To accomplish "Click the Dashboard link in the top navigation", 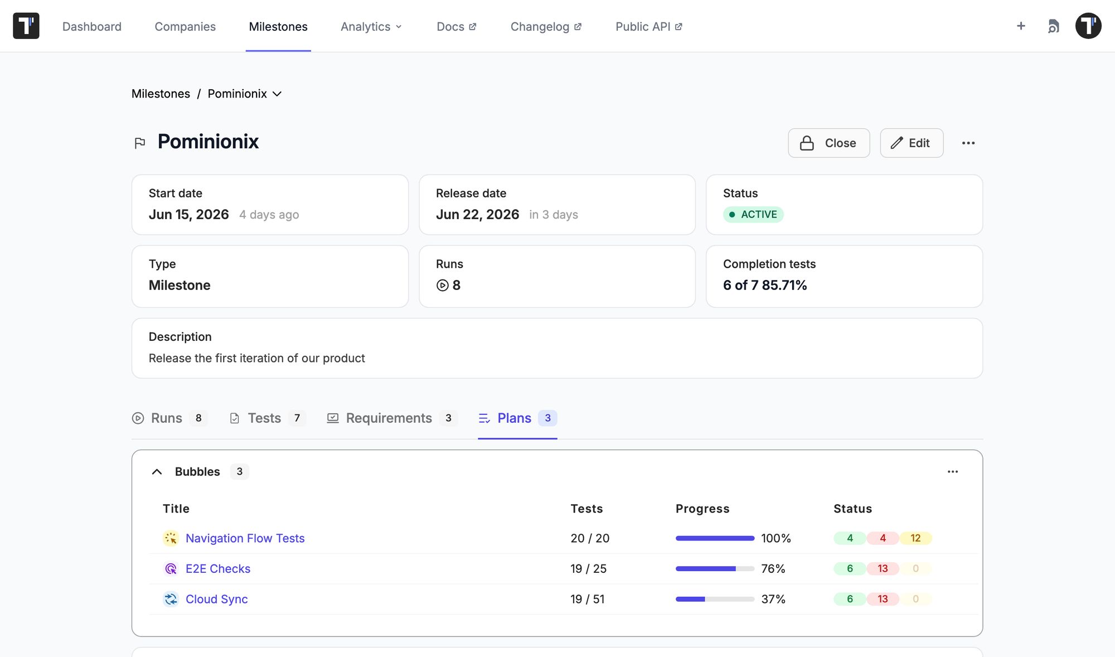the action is pos(92,27).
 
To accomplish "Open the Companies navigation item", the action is pos(185,27).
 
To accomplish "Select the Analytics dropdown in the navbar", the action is pos(371,27).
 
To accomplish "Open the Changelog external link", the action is pos(546,27).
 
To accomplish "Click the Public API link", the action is pos(649,27).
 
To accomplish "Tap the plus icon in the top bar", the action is pos(1021,26).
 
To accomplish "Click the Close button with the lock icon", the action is pos(829,143).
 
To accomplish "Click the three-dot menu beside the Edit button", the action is pos(968,143).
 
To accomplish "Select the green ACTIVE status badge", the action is pos(753,214).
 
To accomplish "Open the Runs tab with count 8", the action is pos(169,418).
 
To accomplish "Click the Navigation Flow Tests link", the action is pos(245,538).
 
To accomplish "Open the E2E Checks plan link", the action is pos(218,568).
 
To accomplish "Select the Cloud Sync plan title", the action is pos(217,599).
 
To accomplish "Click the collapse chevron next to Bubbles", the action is pos(157,472).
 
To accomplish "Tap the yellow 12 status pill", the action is pos(915,538).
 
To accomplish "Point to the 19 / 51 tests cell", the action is pos(588,599).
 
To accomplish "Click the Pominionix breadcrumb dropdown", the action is pos(245,94).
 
